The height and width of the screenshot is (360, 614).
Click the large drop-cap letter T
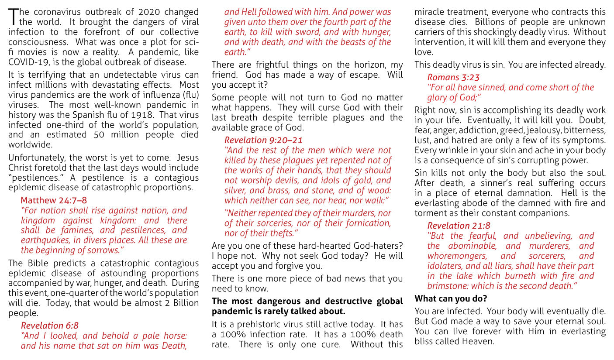(x=14, y=16)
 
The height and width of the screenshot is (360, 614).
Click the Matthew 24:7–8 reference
(x=54, y=200)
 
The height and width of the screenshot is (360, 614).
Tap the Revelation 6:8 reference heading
(x=50, y=326)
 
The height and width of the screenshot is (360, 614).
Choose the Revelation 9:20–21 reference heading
(x=263, y=140)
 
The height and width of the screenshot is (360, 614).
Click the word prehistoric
(x=259, y=324)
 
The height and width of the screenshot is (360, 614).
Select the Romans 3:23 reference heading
(x=453, y=77)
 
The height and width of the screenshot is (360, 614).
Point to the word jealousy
(x=541, y=130)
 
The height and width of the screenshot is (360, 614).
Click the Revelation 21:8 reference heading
(x=459, y=226)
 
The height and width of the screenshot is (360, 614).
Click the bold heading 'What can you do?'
(x=451, y=299)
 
